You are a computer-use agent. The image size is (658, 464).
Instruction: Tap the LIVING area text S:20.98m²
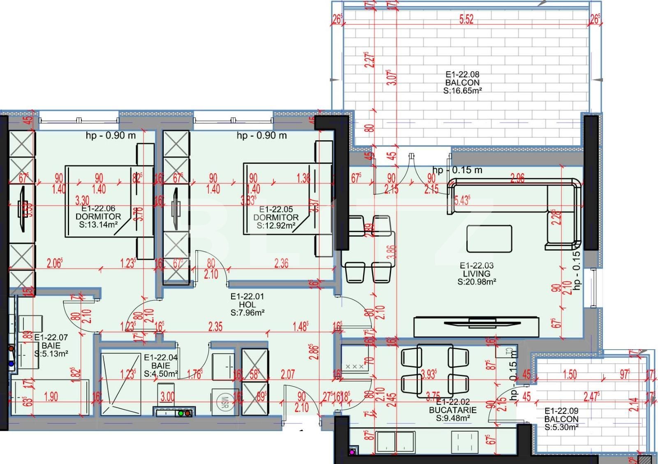click(477, 282)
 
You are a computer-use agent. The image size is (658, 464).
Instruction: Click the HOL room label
click(247, 304)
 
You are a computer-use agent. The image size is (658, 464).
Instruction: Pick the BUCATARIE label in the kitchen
click(452, 410)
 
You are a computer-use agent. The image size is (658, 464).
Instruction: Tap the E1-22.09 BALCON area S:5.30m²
click(561, 427)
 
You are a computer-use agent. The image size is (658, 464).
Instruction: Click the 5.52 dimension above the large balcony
click(466, 19)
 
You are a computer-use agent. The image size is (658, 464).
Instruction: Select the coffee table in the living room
click(489, 239)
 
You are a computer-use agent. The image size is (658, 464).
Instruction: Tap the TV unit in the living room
click(476, 327)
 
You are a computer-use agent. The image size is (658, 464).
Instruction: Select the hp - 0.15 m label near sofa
click(457, 170)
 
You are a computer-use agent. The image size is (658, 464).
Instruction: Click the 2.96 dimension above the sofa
click(517, 178)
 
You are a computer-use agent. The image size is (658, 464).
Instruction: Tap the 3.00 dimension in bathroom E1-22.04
click(167, 397)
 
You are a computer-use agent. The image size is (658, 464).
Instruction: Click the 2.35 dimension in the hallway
click(215, 327)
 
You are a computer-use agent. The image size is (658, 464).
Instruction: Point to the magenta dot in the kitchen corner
click(352, 452)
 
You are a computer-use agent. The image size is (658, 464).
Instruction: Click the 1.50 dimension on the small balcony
click(570, 374)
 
